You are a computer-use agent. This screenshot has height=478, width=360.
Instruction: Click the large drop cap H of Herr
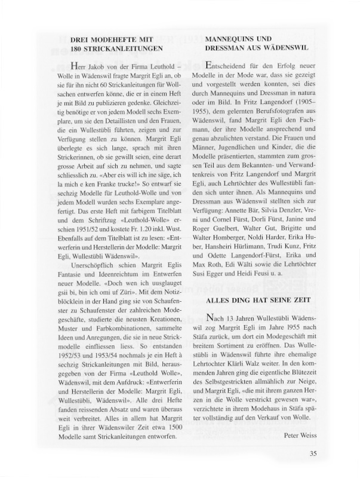pyautogui.click(x=75, y=66)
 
